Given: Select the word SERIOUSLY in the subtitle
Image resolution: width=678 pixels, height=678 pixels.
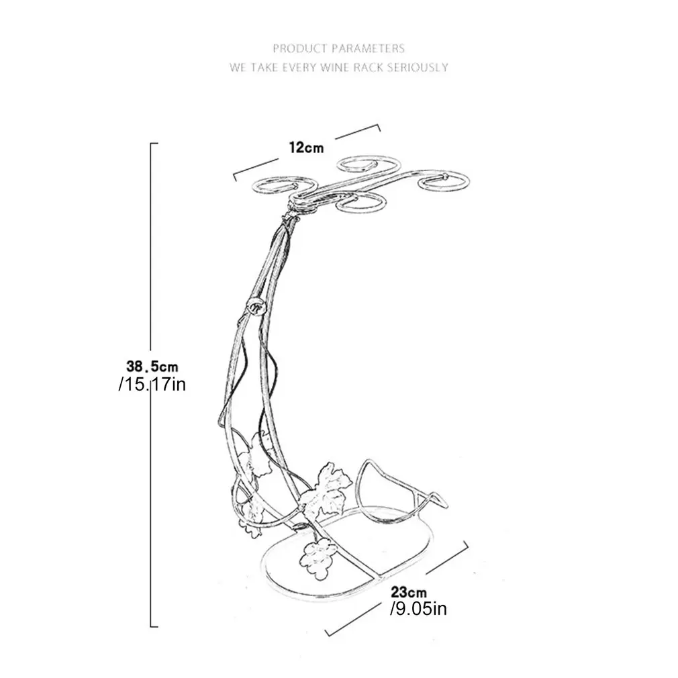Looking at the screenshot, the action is tap(418, 67).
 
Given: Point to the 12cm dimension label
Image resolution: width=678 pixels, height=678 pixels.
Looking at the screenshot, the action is tap(306, 148).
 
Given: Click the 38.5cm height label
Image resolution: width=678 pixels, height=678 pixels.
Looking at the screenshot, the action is tap(152, 367).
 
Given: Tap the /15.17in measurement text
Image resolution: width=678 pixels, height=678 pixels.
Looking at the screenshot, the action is tap(152, 385).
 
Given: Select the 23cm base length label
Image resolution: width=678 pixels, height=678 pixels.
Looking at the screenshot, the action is tap(409, 591).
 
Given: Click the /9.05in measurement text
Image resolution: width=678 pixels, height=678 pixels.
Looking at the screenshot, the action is tap(418, 609).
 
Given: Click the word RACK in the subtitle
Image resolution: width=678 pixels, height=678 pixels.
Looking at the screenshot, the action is tap(369, 67).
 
